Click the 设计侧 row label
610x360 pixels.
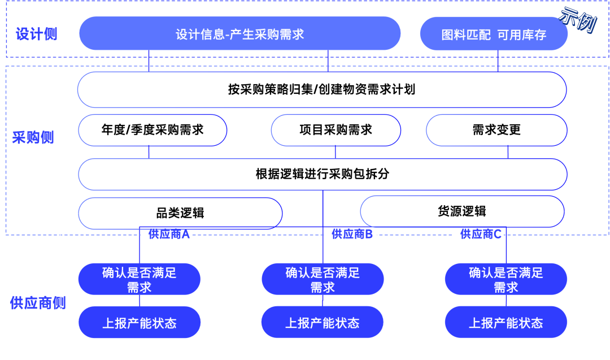pyautogui.click(x=36, y=34)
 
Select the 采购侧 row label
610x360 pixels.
pyautogui.click(x=33, y=137)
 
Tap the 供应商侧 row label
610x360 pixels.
pyautogui.click(x=38, y=303)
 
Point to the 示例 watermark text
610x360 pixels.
pyautogui.click(x=577, y=19)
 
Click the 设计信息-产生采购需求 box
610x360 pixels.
pyautogui.click(x=239, y=34)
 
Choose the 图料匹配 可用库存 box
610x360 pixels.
pyautogui.click(x=494, y=34)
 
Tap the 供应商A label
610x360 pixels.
pyautogui.click(x=169, y=235)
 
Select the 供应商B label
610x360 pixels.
pyautogui.click(x=352, y=234)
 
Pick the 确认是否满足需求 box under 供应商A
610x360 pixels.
pyautogui.click(x=140, y=279)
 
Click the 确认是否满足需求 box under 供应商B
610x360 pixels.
pyautogui.click(x=323, y=279)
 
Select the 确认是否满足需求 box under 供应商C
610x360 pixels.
pyautogui.click(x=506, y=279)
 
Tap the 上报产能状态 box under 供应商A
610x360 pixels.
pyautogui.click(x=140, y=323)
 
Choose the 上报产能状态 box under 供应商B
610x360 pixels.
pyautogui.click(x=323, y=323)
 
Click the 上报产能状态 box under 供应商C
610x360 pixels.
pyautogui.click(x=506, y=323)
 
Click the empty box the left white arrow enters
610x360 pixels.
pyautogui.click(x=180, y=214)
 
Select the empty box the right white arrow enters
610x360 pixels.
pyautogui.click(x=462, y=211)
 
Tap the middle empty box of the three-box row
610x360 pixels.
pyautogui.click(x=335, y=130)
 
